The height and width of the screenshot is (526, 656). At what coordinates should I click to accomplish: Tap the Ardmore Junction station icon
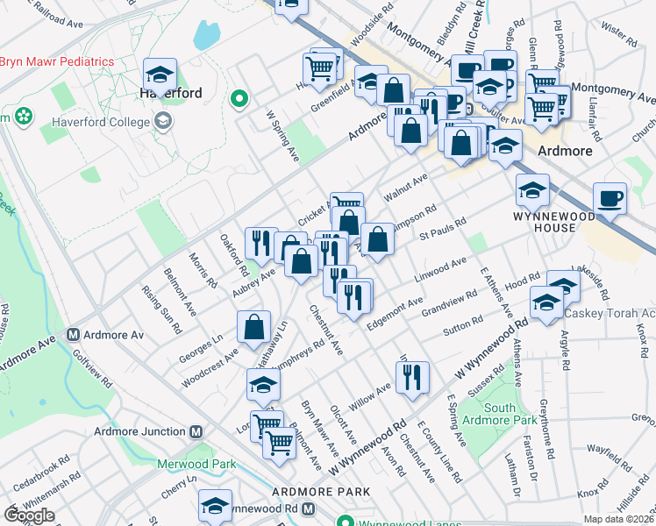[196, 431]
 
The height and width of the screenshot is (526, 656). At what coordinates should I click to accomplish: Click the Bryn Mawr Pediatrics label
[58, 61]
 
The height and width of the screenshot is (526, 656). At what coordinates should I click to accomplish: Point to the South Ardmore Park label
[499, 415]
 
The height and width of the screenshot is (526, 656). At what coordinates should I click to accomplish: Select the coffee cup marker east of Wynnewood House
[610, 198]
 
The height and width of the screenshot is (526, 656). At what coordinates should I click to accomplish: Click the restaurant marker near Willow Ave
[411, 377]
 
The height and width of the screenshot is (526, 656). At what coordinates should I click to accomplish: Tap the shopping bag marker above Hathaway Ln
[253, 326]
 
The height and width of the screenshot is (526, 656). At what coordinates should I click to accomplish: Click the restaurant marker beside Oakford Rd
[260, 242]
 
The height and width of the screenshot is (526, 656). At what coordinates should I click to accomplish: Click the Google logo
[29, 515]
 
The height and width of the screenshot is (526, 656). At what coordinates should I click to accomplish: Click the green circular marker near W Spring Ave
[237, 100]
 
